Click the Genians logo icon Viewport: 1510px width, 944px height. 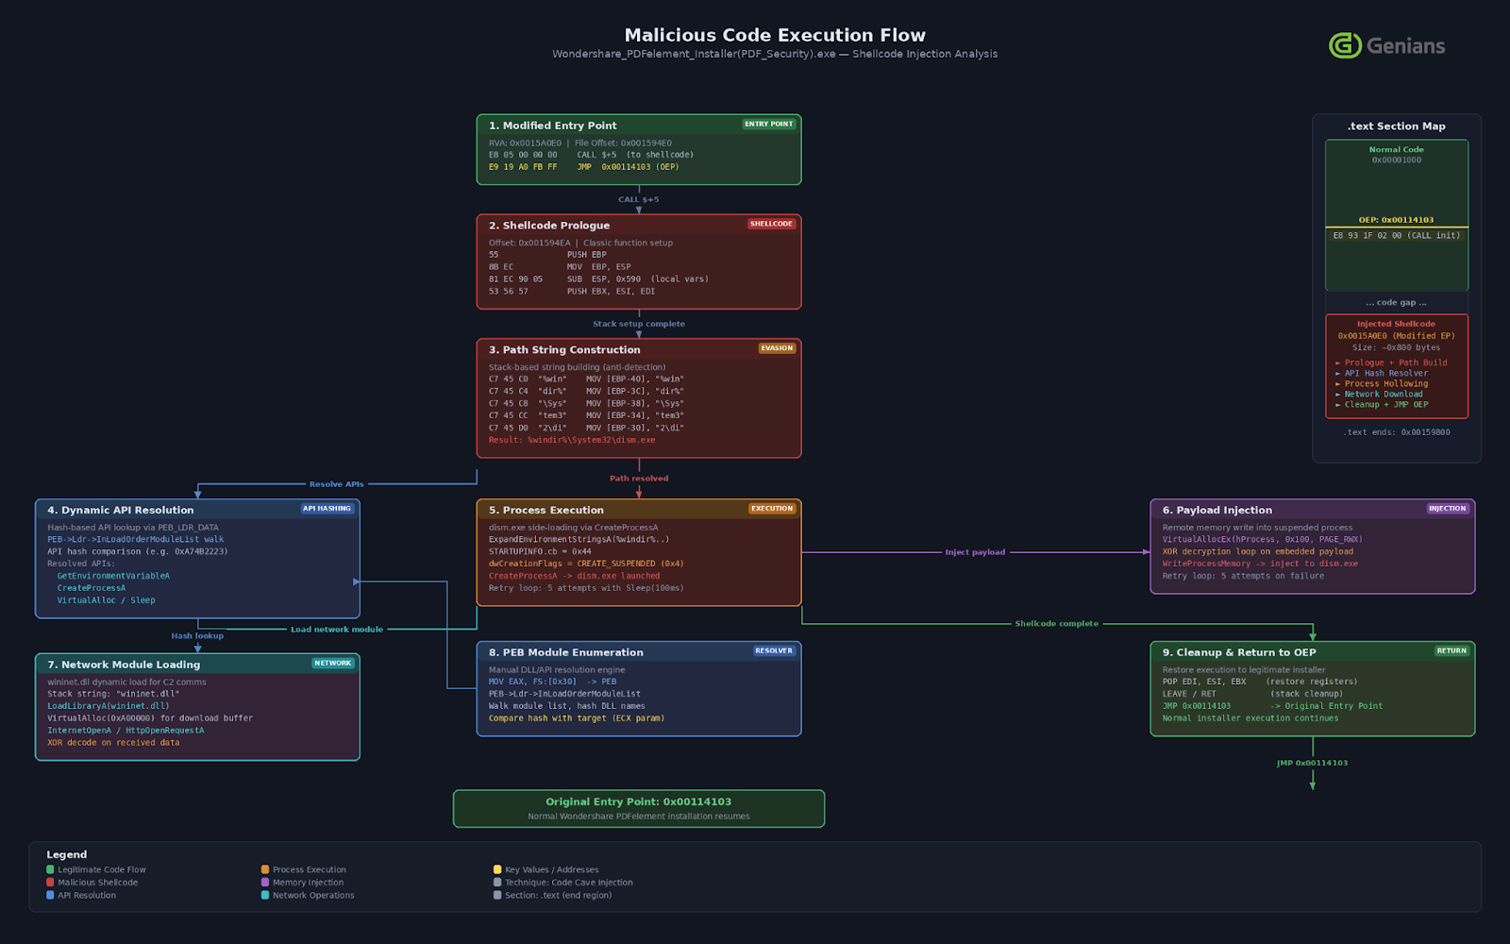[x=1345, y=45]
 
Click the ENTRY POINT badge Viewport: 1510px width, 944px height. [x=769, y=124]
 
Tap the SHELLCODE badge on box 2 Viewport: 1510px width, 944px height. [x=771, y=224]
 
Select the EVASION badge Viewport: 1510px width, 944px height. [x=777, y=348]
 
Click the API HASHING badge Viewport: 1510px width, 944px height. [x=327, y=509]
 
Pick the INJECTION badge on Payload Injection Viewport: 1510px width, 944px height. [x=1447, y=509]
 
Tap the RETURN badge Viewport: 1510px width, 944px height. [x=1451, y=650]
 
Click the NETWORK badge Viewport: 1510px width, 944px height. [x=332, y=664]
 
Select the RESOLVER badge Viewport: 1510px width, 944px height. [x=774, y=650]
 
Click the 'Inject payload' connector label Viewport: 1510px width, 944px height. [x=975, y=552]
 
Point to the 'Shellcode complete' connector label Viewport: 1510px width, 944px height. [x=1056, y=624]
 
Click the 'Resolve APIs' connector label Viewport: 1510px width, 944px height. [x=336, y=484]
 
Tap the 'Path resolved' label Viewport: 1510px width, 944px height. [x=639, y=479]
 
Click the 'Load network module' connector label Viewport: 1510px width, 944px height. [x=337, y=630]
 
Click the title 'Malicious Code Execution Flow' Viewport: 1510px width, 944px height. [x=775, y=36]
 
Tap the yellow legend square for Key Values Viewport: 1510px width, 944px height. [x=497, y=869]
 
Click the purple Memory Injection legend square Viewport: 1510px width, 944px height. [x=265, y=883]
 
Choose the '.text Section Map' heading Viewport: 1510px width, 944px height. [x=1396, y=126]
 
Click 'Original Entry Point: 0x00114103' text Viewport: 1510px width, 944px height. [x=638, y=801]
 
